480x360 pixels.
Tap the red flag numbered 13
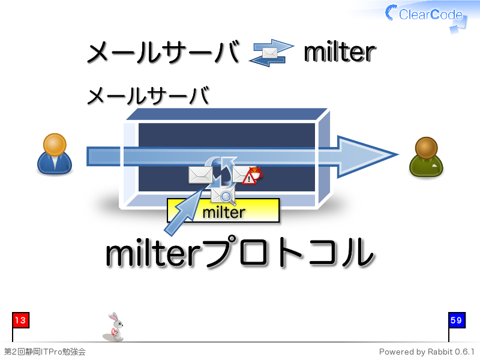tap(20, 320)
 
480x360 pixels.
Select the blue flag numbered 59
tap(457, 320)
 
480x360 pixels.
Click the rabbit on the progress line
tap(114, 326)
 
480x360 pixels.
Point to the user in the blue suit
tap(55, 154)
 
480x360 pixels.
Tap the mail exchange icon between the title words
tap(271, 53)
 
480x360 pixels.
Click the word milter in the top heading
tap(340, 52)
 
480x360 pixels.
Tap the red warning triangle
tap(249, 178)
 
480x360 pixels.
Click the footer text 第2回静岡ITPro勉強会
tap(44, 352)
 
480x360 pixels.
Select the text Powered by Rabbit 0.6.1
tap(427, 352)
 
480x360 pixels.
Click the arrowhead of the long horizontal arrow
tap(367, 156)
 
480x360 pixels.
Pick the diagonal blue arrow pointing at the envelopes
tap(184, 212)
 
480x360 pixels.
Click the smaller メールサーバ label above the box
tap(148, 95)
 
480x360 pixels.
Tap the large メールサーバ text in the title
tap(163, 52)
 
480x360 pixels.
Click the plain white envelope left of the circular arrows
tap(200, 175)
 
